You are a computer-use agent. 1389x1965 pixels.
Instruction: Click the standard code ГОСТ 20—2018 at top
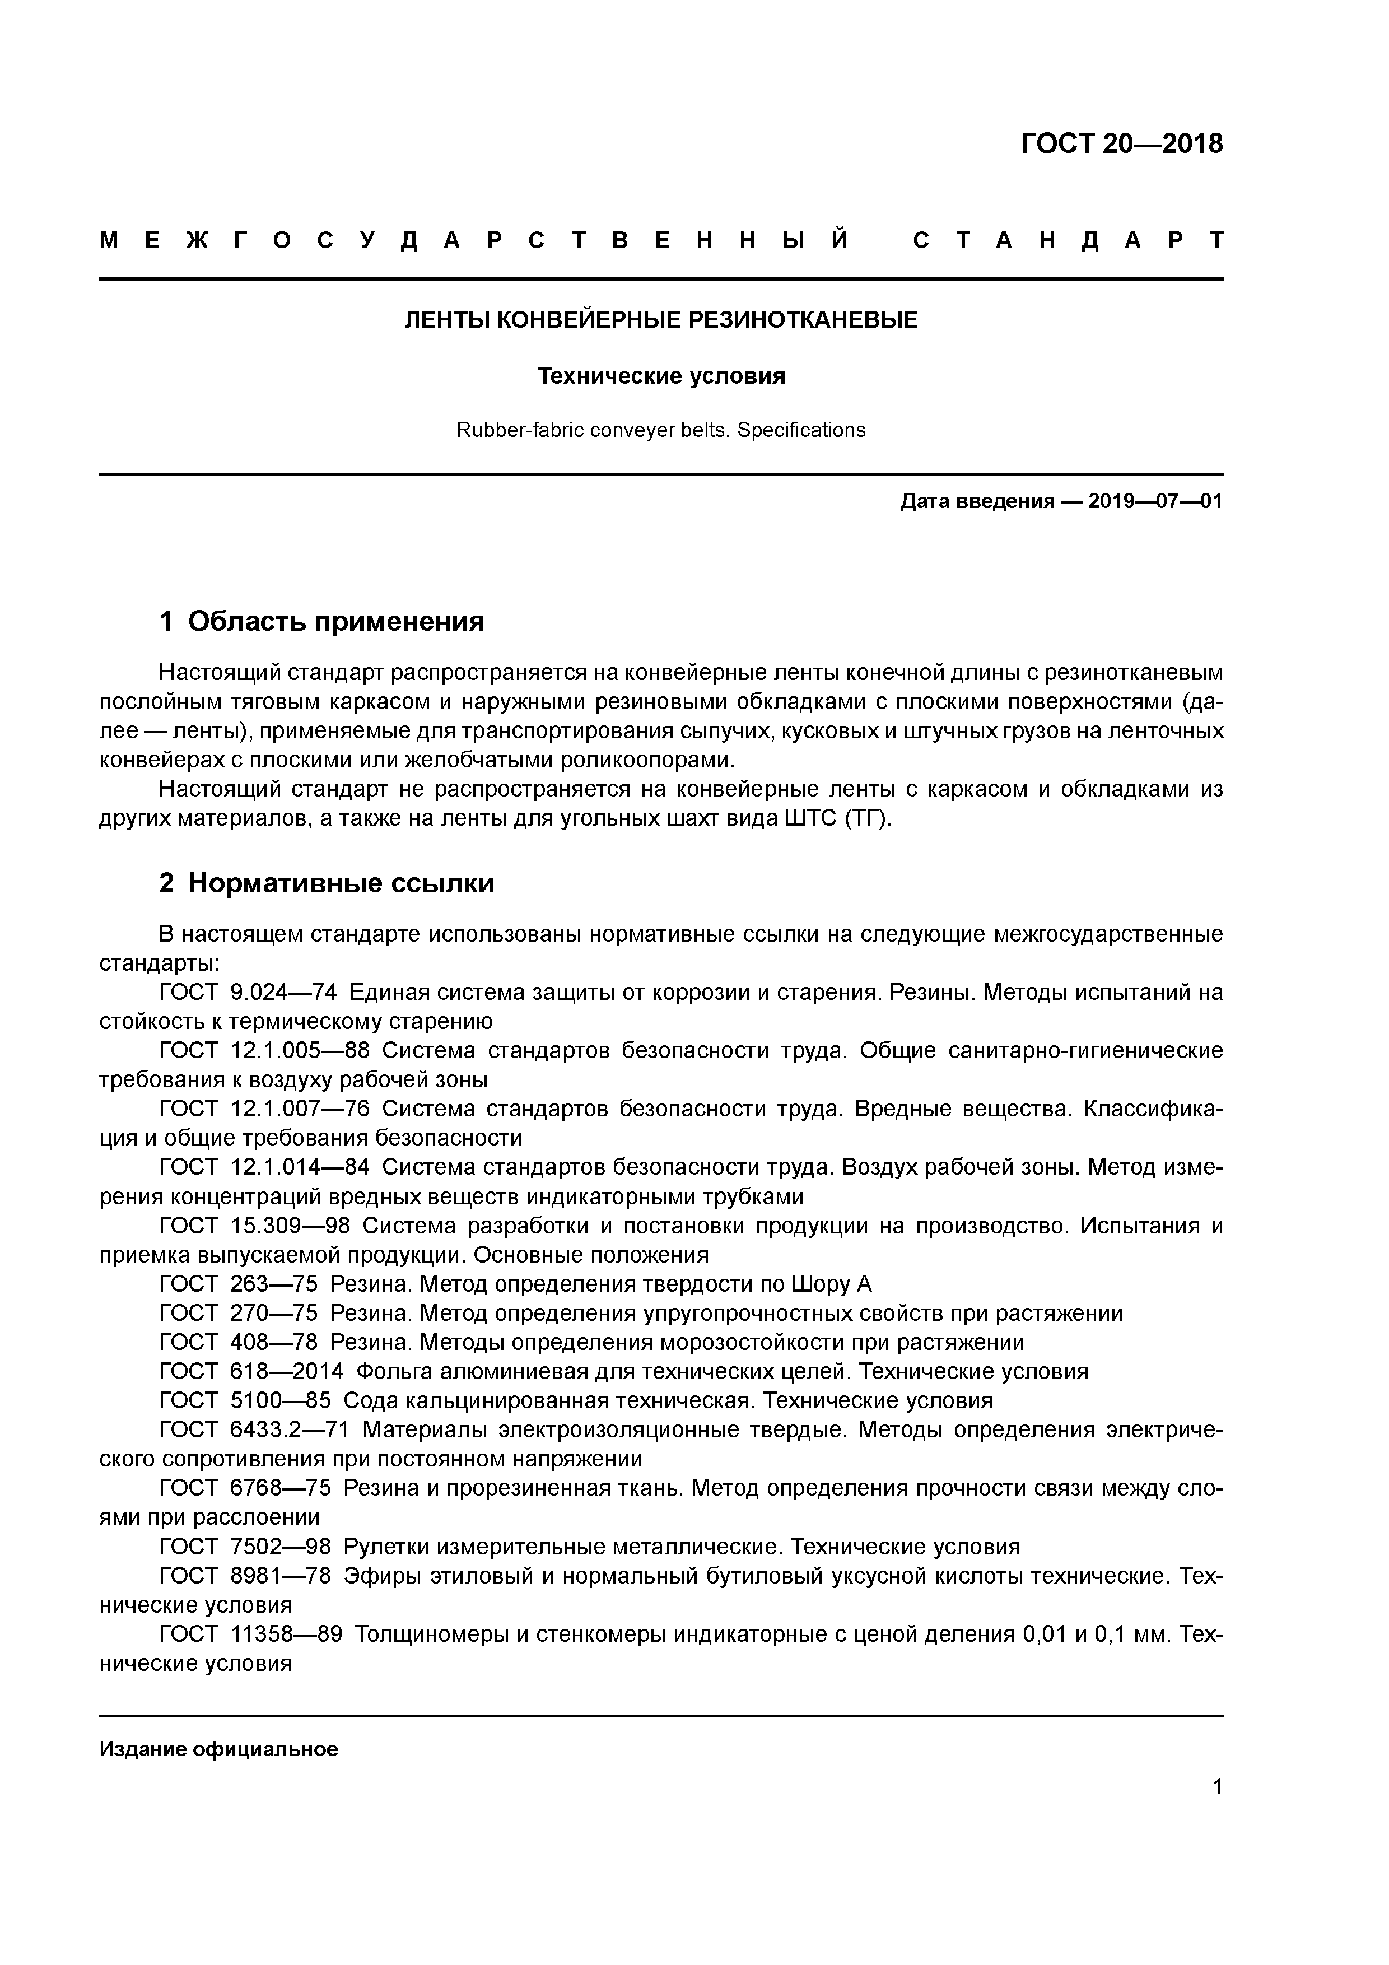coord(1121,144)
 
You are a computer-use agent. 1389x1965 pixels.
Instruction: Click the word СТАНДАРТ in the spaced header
coord(1068,240)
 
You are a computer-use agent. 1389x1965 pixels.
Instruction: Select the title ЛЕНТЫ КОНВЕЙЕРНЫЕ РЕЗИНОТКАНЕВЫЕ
coord(661,320)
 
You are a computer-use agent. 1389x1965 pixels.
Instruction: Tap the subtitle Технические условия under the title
coord(661,376)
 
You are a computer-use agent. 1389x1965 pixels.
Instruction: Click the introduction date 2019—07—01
coord(1155,501)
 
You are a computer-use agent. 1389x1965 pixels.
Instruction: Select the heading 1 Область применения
coord(322,621)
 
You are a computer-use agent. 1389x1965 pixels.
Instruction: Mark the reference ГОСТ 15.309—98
coord(255,1226)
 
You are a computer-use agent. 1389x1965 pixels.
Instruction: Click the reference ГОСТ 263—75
coord(239,1284)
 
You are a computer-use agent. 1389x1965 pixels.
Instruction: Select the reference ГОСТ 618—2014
coord(251,1371)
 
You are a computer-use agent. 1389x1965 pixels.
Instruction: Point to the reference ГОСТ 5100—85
coord(246,1400)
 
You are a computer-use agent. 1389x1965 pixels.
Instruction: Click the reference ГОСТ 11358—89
coord(251,1634)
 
